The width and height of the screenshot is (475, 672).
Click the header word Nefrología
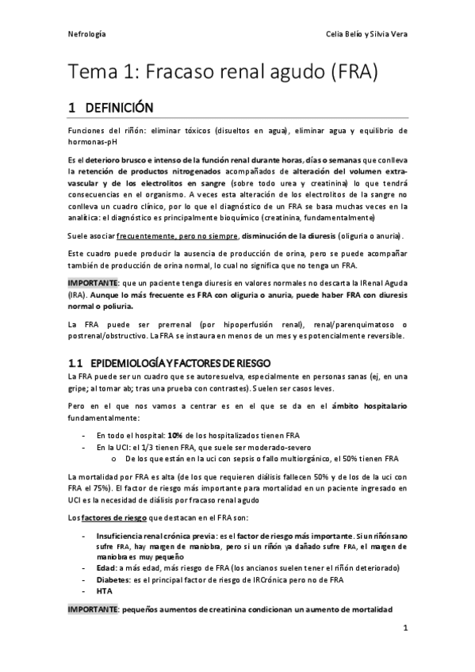coord(87,35)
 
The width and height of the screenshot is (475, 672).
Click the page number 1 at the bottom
coord(404,629)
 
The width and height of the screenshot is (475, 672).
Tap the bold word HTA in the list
coord(103,590)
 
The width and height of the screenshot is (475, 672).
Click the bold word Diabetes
coord(114,579)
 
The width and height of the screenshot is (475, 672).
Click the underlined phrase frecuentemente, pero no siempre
coord(178,236)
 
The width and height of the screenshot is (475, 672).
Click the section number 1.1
coord(77,362)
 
